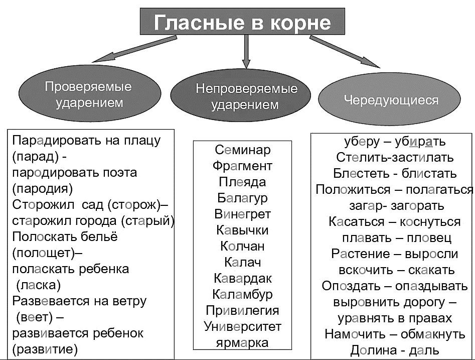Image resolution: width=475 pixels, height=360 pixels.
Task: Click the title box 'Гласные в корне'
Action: point(242,21)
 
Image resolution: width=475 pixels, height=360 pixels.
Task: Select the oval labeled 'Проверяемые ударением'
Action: point(90,94)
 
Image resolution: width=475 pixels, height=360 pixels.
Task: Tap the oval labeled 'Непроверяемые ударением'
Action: point(241,96)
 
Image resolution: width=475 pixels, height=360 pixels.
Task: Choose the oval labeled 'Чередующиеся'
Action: point(390,99)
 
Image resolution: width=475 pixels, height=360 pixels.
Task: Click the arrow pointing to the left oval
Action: point(134,49)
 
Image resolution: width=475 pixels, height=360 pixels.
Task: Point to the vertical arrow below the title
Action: point(246,52)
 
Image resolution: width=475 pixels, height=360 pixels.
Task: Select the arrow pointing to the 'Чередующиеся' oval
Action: point(345,52)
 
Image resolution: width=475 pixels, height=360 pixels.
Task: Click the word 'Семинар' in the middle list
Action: point(243,150)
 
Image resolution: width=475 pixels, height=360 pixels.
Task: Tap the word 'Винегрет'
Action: point(242,214)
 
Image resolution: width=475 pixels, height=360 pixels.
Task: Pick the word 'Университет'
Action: point(242,327)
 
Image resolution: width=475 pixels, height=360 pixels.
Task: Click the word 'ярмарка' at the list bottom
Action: point(242,343)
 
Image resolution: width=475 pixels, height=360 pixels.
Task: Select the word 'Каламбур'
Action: point(242,295)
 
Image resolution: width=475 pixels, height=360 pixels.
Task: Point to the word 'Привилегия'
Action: point(242,311)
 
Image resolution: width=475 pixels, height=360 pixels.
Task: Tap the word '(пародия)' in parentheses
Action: point(43,189)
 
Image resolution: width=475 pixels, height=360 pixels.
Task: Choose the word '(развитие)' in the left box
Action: point(45,349)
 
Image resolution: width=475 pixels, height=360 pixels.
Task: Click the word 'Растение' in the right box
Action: point(361,254)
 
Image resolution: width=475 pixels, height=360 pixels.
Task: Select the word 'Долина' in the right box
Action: point(374,350)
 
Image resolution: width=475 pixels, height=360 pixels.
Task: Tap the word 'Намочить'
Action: point(355,334)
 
